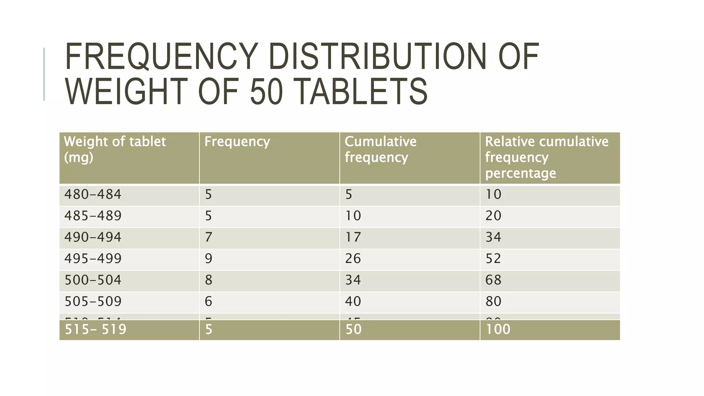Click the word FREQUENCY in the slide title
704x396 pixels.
[161, 57]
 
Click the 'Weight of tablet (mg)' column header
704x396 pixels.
[115, 150]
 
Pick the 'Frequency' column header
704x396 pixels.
[237, 142]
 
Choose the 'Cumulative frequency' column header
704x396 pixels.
[381, 150]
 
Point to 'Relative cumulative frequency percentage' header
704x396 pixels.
[547, 157]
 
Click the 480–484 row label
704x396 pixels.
[93, 195]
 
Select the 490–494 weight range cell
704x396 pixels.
[93, 237]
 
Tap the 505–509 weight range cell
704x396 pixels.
[93, 301]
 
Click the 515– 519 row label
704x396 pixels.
[96, 329]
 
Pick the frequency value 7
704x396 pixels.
[208, 237]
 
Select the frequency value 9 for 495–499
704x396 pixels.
[208, 258]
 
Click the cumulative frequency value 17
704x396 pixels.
[353, 237]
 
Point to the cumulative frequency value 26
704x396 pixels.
[353, 258]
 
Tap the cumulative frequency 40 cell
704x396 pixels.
[353, 301]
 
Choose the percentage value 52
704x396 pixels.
[493, 258]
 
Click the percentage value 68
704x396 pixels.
[493, 280]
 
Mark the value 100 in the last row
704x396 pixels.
[498, 329]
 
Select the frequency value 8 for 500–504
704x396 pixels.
[208, 280]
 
